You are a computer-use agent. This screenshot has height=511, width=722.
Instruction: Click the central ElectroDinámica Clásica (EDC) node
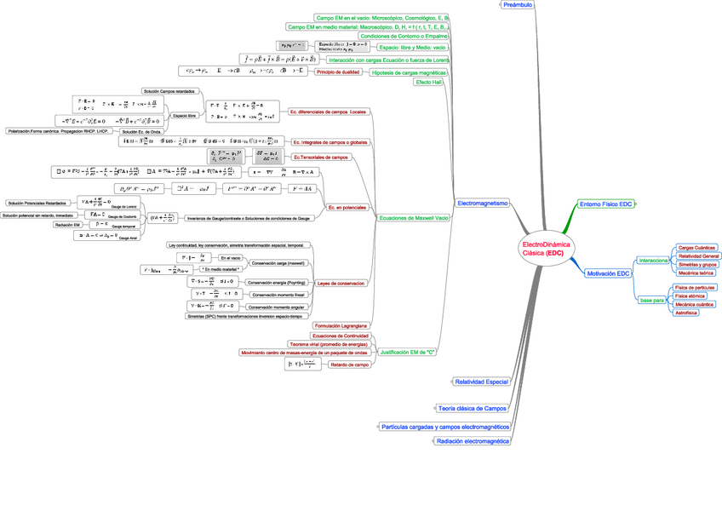(546, 249)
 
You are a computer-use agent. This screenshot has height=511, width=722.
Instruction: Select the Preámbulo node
(518, 5)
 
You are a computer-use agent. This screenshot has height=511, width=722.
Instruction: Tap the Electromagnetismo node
(483, 203)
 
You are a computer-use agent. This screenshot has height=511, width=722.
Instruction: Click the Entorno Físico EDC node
(605, 204)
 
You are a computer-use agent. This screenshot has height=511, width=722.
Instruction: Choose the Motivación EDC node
(608, 273)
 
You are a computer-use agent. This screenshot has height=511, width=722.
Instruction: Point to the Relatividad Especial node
(481, 382)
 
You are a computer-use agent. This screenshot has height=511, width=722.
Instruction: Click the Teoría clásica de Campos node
(472, 408)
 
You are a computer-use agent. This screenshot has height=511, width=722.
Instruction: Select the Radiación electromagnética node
(473, 441)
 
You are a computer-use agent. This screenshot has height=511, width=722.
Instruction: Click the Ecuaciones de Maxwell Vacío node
(413, 218)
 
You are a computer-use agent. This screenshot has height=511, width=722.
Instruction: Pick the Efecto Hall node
(428, 83)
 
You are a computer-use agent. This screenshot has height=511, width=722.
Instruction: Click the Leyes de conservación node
(341, 283)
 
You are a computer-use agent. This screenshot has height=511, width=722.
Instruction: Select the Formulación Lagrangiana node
(341, 325)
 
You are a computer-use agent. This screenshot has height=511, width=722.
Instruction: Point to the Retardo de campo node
(349, 365)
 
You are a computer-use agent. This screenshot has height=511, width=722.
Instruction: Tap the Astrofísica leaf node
(685, 313)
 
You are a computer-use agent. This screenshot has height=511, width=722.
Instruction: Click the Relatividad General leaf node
(698, 255)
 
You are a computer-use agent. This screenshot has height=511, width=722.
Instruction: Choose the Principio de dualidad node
(338, 72)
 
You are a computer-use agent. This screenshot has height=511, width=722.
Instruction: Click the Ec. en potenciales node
(347, 207)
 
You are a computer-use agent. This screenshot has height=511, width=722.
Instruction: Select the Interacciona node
(653, 261)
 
